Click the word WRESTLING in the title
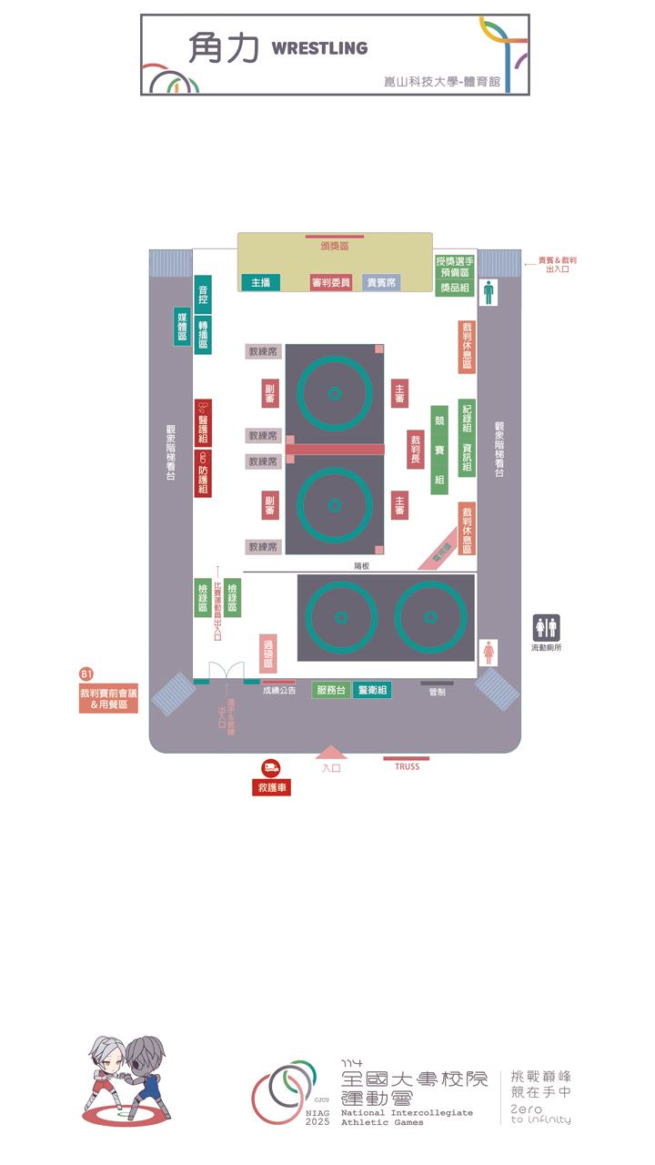(x=319, y=48)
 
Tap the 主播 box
(x=260, y=283)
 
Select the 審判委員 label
(x=331, y=283)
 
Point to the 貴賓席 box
(x=381, y=283)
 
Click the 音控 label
(x=203, y=294)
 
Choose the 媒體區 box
(x=183, y=326)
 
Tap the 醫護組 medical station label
(x=203, y=422)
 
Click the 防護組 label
(x=203, y=473)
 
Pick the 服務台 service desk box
(x=331, y=690)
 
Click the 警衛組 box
(x=372, y=690)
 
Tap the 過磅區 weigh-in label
(x=268, y=653)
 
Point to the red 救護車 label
(x=271, y=787)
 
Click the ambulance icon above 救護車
(x=271, y=768)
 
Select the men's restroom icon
(x=489, y=292)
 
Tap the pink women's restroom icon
(x=489, y=652)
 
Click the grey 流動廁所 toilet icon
(x=546, y=627)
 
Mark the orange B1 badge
(x=87, y=674)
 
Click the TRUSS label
(x=407, y=766)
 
